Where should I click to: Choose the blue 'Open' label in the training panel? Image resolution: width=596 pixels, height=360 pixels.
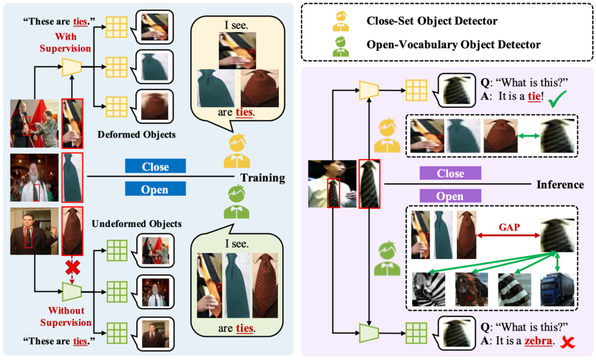click(155, 189)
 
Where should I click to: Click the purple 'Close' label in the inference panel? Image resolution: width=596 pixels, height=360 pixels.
click(450, 173)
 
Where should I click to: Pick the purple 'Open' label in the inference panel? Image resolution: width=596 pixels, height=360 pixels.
click(450, 196)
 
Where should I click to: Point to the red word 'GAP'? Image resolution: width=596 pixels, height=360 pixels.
click(510, 226)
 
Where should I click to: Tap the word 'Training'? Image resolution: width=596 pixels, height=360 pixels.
click(262, 178)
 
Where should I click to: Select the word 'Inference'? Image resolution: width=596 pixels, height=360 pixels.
click(560, 184)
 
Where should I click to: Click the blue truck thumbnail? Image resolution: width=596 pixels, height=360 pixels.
click(557, 289)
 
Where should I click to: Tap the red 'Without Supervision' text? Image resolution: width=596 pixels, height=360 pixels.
click(70, 316)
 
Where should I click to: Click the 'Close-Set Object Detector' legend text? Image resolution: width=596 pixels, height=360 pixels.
click(432, 22)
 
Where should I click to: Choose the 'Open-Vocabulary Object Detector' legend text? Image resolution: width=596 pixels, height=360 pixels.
click(453, 44)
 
